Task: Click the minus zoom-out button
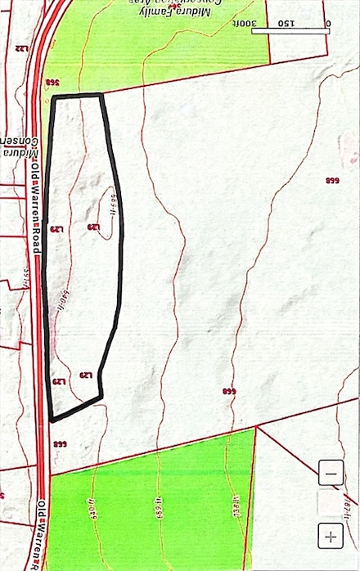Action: (x=331, y=473)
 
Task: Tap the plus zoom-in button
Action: (x=331, y=537)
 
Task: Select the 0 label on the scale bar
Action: (x=327, y=24)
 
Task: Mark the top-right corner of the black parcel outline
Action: (x=101, y=96)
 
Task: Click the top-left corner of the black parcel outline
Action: (x=54, y=98)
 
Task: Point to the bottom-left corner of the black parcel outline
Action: (x=52, y=420)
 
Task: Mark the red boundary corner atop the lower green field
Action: (x=256, y=427)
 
